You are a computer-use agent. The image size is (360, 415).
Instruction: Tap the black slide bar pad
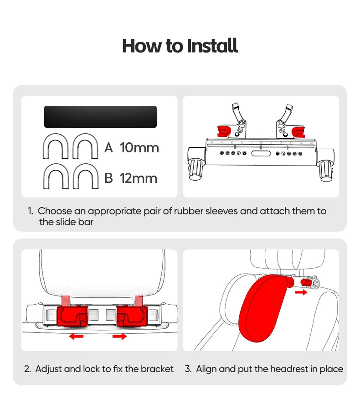coord(100,117)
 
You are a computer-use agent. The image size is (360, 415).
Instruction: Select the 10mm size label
coord(139,148)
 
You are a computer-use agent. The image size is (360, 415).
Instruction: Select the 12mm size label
coord(139,178)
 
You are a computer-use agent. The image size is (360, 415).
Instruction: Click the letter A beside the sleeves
coord(108,148)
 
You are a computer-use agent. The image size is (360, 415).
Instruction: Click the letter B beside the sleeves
coord(108,178)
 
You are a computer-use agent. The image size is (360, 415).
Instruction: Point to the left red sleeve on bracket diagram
coord(223,132)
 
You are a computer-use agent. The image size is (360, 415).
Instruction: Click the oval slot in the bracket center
coord(261,154)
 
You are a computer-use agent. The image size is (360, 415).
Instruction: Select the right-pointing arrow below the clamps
coord(120,337)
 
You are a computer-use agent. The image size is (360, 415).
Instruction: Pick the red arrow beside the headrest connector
coord(301,292)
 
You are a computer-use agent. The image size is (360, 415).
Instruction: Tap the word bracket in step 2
coord(157,369)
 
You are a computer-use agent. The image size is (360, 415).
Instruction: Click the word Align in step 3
coord(206,369)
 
